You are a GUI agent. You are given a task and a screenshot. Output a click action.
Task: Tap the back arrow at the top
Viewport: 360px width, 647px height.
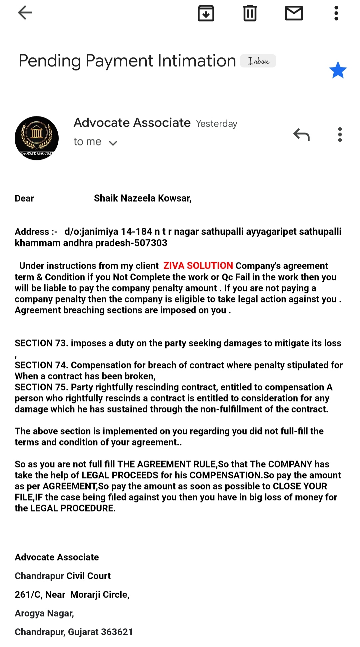25,13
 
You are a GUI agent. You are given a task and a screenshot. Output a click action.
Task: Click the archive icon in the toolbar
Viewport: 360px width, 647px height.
206,13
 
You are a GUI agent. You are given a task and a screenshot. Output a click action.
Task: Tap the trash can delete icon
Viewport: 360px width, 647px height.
250,13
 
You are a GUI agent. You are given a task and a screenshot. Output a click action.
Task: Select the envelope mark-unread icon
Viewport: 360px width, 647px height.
294,13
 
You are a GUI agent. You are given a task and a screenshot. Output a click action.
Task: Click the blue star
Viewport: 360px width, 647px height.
338,70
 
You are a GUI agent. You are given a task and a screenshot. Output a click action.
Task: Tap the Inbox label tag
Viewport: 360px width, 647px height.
258,61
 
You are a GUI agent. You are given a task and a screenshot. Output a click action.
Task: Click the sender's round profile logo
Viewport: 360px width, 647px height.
37,138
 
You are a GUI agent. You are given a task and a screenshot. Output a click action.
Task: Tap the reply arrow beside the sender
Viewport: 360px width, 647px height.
301,135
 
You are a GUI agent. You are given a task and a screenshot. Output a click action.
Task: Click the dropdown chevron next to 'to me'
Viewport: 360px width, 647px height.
113,143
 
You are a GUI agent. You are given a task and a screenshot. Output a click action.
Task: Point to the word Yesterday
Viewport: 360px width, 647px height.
217,124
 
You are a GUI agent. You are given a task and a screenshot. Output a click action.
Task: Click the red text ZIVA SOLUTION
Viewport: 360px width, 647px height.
198,266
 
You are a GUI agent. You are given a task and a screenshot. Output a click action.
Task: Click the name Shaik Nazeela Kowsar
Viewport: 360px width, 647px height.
142,198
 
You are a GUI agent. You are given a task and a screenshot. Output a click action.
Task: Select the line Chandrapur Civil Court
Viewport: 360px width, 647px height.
63,576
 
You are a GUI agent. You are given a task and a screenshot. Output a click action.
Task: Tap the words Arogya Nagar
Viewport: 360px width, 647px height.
44,613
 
